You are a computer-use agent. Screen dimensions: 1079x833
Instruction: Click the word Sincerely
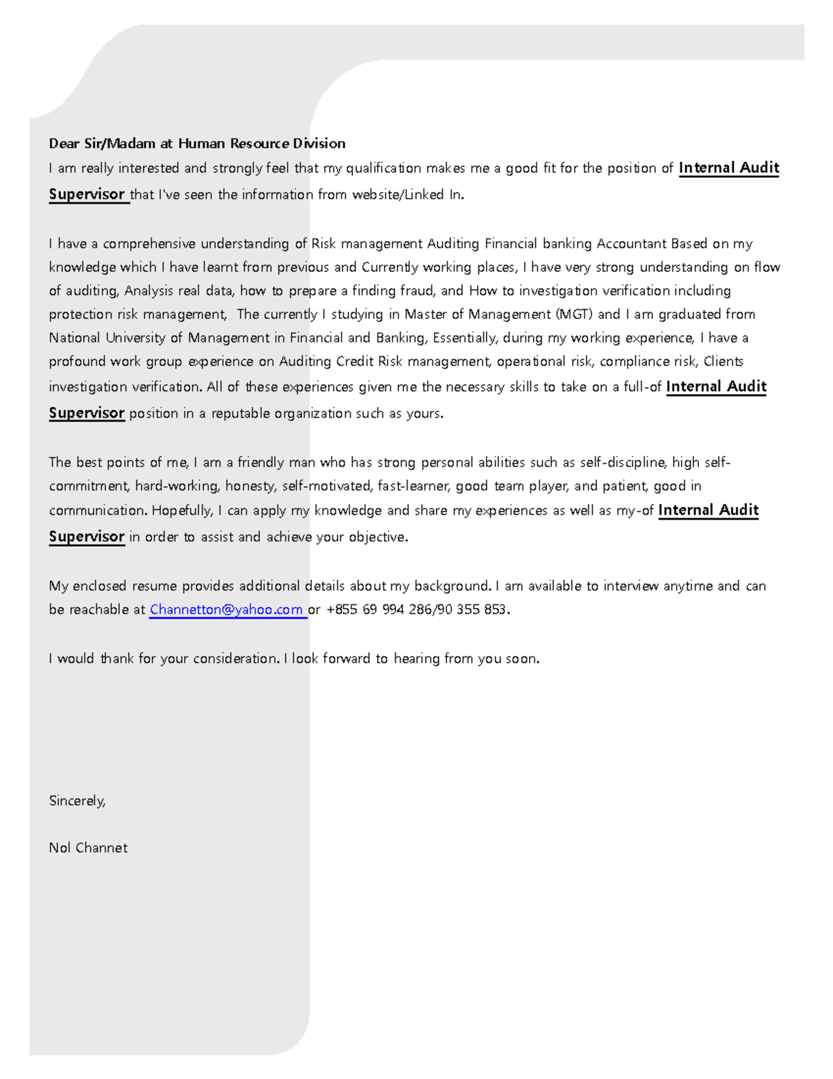point(77,800)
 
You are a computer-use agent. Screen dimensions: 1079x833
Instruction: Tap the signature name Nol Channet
point(88,848)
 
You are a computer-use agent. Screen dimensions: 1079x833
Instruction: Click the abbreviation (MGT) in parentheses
point(574,314)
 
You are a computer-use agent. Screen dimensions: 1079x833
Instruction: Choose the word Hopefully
point(182,511)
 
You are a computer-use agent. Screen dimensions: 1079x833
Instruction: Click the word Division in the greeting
point(319,144)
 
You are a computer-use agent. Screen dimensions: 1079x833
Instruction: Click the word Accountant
point(631,243)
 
